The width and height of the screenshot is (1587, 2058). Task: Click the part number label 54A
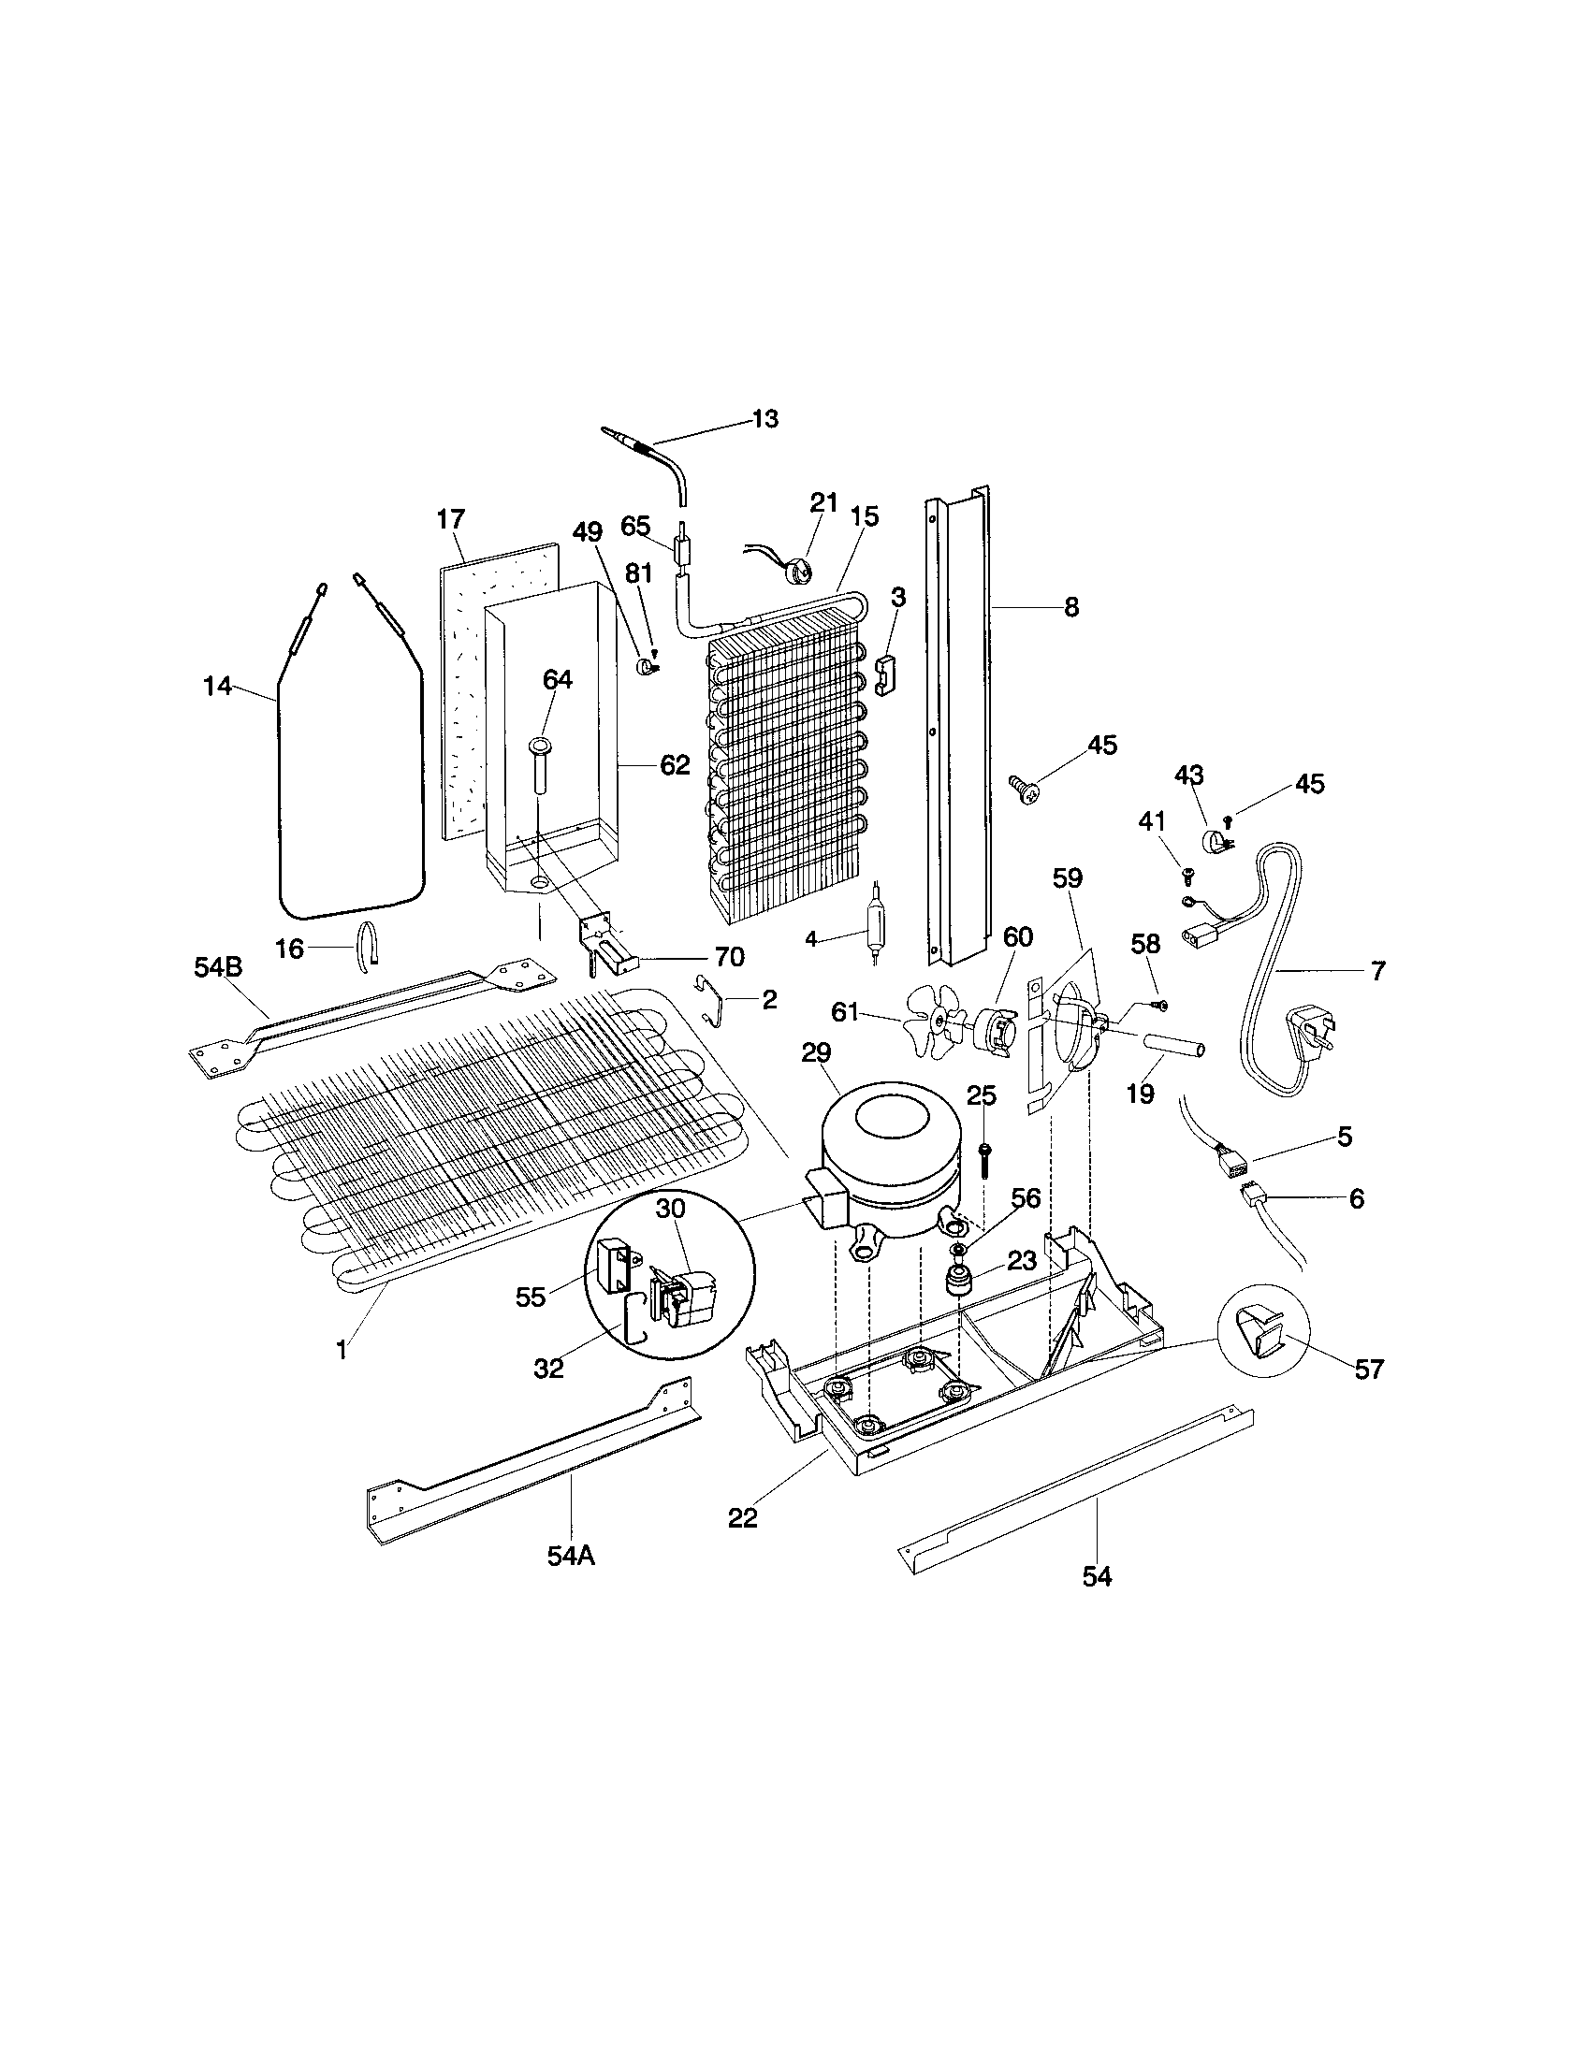click(570, 1556)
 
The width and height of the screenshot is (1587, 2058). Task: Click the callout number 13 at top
click(765, 419)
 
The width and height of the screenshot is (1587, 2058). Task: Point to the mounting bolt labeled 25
click(984, 1158)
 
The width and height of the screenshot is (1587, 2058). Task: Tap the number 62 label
click(674, 765)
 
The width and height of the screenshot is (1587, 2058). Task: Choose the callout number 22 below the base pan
click(743, 1518)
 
